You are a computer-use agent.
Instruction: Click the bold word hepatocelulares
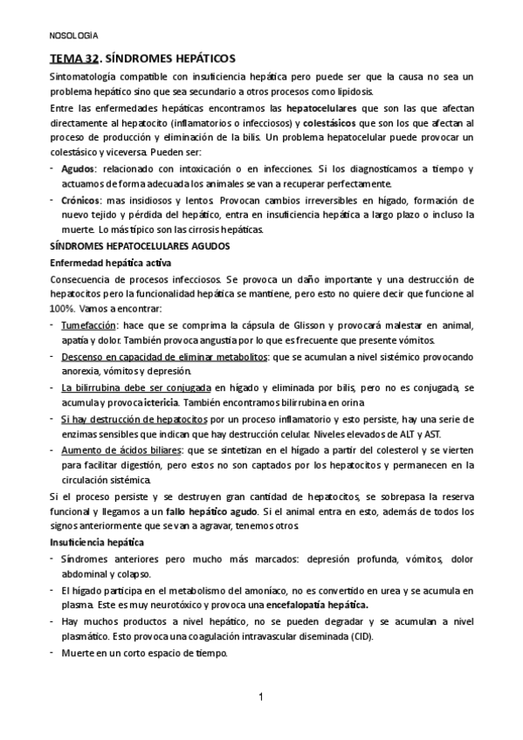click(306, 108)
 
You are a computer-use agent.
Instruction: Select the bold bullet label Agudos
click(79, 168)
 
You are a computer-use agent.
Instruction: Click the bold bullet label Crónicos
click(81, 200)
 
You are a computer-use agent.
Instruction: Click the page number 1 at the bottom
click(261, 696)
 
